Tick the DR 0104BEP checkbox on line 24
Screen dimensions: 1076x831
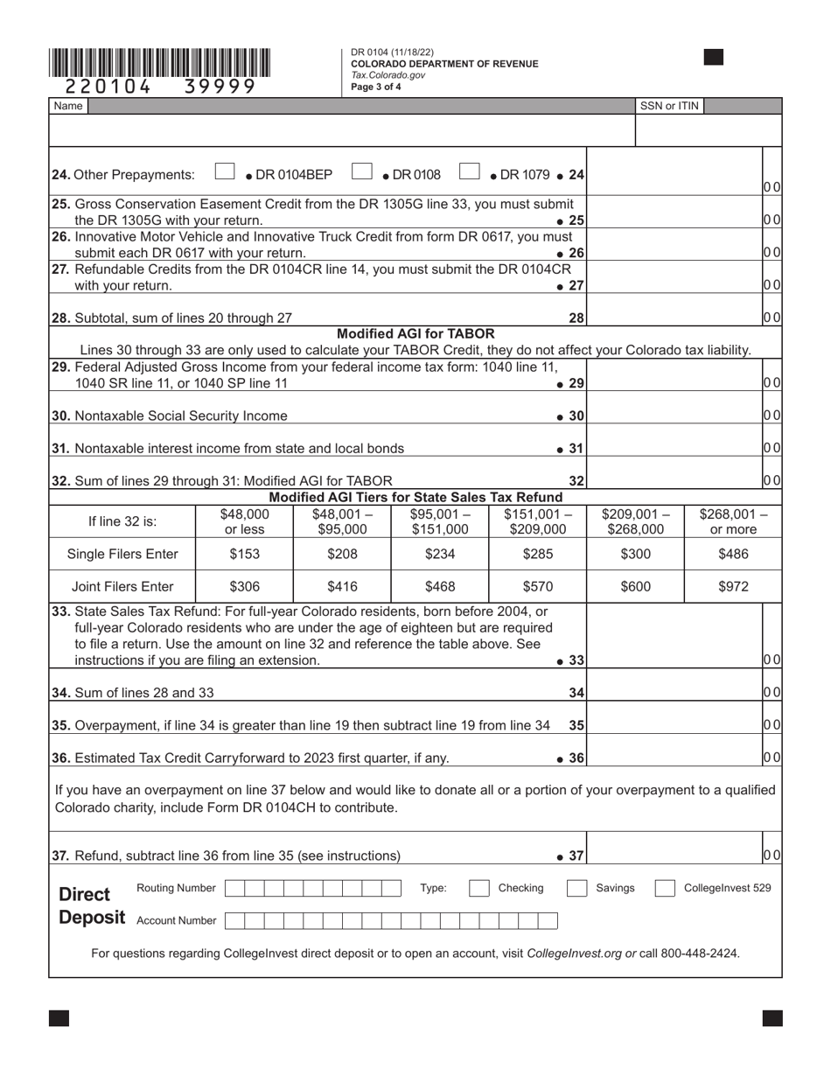[x=225, y=173]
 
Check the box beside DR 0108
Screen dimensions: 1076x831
[x=362, y=173]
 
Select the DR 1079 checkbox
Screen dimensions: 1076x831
[x=470, y=173]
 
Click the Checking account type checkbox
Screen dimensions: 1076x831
[x=479, y=889]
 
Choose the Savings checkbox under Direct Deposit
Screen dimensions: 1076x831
[x=576, y=889]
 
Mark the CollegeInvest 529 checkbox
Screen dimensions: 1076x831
[x=666, y=889]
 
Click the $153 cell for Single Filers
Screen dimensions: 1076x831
[x=244, y=554]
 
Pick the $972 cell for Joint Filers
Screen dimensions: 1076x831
[x=733, y=587]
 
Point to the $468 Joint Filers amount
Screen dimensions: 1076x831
[x=439, y=587]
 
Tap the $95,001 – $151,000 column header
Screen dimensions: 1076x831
[x=439, y=521]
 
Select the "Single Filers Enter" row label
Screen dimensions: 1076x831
[x=122, y=554]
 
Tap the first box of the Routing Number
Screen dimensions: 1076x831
[x=234, y=889]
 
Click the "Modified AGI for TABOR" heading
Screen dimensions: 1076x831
[x=415, y=334]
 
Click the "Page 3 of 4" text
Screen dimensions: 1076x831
[x=376, y=87]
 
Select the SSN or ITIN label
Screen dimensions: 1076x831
[x=669, y=106]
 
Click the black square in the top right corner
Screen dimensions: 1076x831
[x=714, y=58]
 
